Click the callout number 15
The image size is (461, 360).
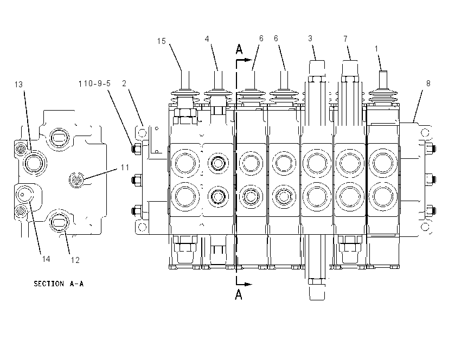click(162, 41)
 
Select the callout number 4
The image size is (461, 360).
click(207, 39)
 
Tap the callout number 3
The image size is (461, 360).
click(310, 38)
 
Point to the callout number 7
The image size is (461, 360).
click(345, 39)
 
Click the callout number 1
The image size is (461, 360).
click(376, 48)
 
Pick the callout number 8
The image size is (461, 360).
click(428, 83)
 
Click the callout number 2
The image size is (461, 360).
click(124, 83)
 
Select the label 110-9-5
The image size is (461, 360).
click(94, 83)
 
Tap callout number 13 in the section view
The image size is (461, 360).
click(18, 85)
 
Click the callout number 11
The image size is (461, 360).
click(125, 168)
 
